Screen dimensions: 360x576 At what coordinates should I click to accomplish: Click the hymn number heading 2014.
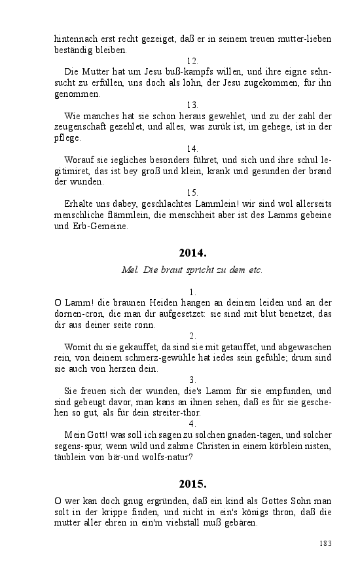point(192,253)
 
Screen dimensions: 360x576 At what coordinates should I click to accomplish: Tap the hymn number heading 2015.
point(192,484)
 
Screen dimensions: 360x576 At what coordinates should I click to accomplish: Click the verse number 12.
point(192,61)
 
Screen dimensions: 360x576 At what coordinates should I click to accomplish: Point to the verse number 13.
point(192,105)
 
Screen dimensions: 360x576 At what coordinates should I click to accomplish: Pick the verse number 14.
point(192,149)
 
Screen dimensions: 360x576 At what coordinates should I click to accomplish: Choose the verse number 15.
point(192,192)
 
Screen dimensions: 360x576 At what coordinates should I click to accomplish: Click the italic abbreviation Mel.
point(130,270)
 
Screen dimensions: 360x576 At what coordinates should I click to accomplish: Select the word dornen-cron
point(75,314)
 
